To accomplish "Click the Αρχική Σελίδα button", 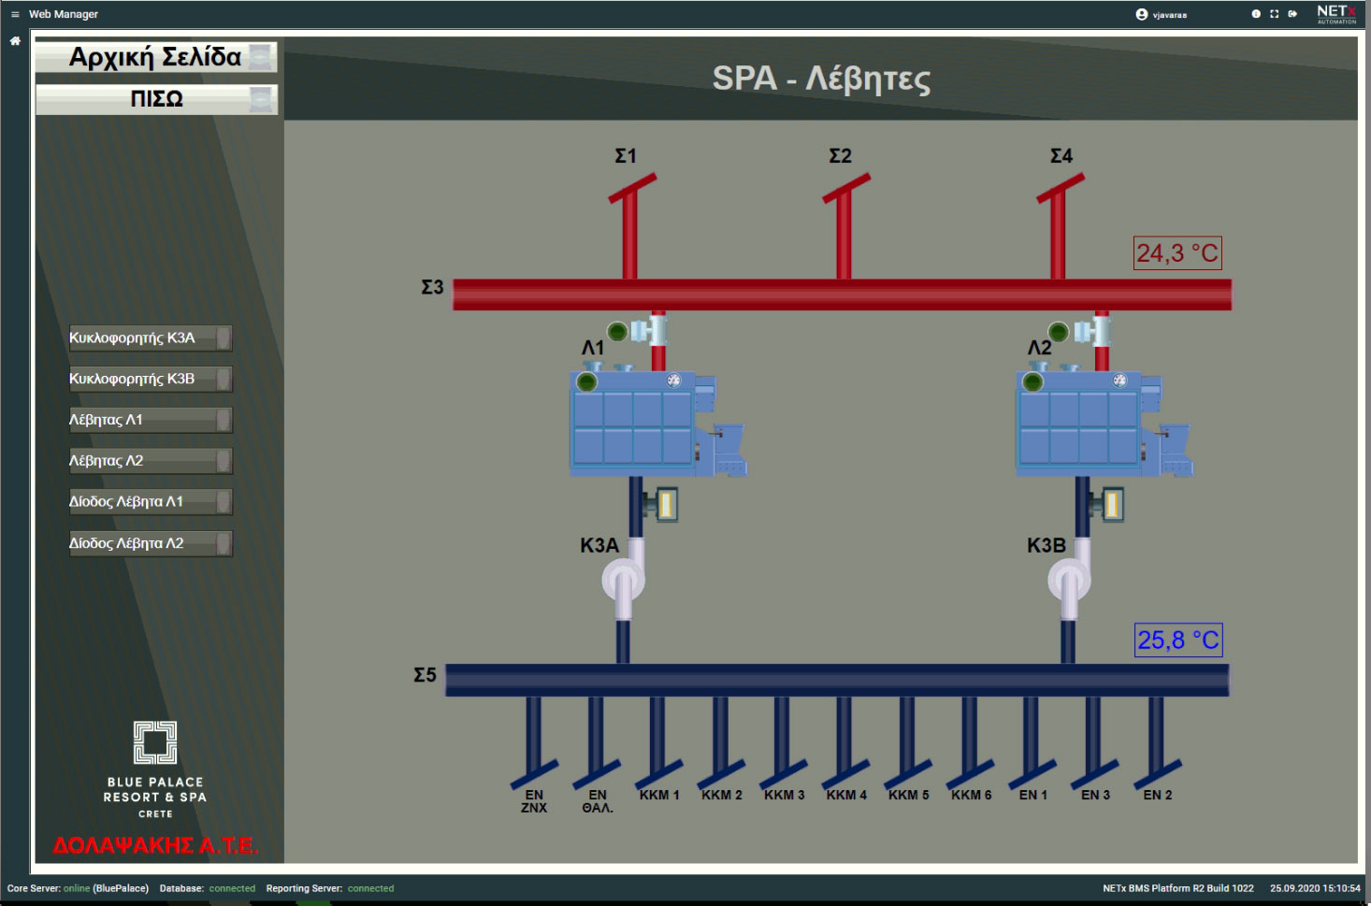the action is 156,57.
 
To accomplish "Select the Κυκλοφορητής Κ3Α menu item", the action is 151,338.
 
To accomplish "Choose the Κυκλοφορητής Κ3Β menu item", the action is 151,379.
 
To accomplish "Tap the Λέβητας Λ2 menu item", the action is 151,461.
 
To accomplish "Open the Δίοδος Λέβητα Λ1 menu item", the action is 151,502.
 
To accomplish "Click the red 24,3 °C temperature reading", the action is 1177,252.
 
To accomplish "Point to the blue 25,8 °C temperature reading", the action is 1178,640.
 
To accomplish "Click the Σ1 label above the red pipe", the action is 626,156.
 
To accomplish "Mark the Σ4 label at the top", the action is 1061,156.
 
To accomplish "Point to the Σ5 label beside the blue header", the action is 425,675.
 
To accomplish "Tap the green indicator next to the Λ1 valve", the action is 617,332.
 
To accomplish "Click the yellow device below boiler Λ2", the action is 1111,505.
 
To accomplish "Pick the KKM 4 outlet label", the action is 846,795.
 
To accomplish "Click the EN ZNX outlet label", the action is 534,800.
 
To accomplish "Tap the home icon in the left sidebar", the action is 15,41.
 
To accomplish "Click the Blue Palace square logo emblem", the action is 155,742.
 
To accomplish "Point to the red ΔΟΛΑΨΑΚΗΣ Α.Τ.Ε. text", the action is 155,845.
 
